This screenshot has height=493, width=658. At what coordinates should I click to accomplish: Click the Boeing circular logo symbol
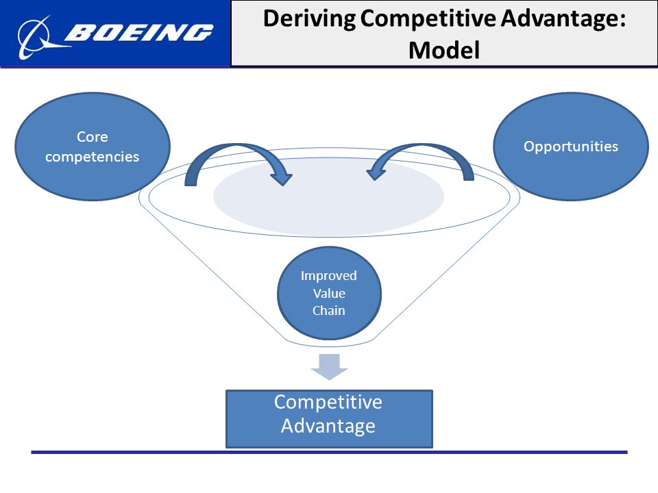(34, 37)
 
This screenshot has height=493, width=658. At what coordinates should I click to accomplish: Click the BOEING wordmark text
(139, 33)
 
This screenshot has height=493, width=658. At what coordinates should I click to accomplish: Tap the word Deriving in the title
(309, 20)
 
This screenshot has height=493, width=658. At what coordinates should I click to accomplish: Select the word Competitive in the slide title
(428, 20)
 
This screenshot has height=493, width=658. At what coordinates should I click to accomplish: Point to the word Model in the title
(444, 50)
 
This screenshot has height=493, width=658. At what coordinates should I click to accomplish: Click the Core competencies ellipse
(93, 147)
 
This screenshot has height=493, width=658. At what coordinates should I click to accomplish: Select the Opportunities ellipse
(571, 147)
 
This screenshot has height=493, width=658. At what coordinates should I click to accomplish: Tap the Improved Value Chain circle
(329, 293)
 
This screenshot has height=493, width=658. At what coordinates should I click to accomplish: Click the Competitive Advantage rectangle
(329, 419)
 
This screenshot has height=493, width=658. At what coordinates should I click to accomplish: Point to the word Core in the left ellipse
(93, 137)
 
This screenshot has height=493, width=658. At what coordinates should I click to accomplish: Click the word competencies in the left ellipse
(93, 156)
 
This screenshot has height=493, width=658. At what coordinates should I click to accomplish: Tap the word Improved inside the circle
(328, 276)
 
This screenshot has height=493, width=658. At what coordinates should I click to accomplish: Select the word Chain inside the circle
(328, 311)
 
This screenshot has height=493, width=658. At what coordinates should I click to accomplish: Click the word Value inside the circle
(329, 293)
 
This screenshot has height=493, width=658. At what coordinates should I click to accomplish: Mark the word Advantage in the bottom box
(328, 427)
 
